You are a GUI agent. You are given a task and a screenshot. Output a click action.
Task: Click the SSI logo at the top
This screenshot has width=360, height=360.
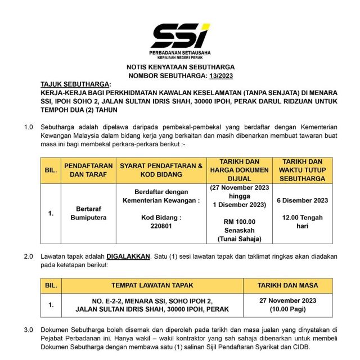(179, 35)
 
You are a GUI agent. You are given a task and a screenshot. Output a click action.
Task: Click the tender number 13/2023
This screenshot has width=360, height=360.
(221, 75)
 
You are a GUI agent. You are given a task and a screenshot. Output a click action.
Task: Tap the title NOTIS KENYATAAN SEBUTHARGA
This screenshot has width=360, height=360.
(180, 66)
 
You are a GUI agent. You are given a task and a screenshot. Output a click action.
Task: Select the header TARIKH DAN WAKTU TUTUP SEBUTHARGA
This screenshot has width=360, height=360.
(303, 170)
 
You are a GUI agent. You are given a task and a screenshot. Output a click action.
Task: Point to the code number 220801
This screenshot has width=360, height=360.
(160, 226)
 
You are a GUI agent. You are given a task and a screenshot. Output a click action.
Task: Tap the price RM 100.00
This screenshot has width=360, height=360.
(239, 222)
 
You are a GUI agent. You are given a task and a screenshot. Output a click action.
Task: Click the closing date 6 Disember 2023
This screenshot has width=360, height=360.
(303, 200)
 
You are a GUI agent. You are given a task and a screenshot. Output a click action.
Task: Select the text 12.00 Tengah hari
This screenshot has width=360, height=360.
(303, 221)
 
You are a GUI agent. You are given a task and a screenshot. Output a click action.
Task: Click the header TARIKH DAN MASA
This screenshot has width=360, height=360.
(287, 285)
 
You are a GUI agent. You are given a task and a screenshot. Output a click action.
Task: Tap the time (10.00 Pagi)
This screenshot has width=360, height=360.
(287, 309)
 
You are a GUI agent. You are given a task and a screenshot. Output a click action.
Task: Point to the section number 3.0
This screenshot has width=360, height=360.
(29, 330)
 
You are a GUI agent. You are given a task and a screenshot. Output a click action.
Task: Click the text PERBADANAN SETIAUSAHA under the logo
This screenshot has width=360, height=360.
(180, 52)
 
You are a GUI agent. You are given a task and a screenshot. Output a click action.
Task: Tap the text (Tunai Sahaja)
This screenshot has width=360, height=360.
(239, 239)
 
